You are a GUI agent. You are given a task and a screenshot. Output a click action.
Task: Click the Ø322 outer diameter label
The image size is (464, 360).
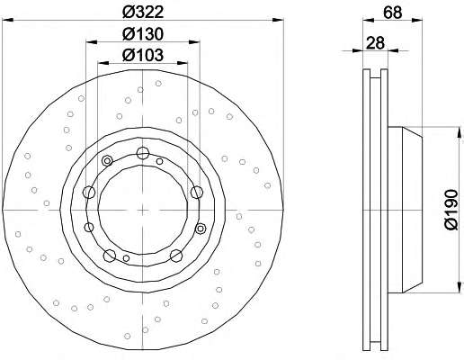143,13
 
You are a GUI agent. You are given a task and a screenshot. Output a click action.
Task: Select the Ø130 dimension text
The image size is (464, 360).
143,34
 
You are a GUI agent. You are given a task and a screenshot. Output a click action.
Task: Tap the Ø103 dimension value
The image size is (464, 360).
143,55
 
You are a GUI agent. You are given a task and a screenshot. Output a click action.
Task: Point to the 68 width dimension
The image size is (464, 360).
392,13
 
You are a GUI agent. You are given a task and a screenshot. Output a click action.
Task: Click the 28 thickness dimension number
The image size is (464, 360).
375,43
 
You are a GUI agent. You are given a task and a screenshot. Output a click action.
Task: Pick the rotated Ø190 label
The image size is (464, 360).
451,210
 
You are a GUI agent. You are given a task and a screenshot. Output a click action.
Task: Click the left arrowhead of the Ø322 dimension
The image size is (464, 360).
8,20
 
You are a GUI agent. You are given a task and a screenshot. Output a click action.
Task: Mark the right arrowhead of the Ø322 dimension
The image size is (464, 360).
278,20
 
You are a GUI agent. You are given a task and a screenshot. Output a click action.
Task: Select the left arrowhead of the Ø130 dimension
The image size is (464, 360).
92,42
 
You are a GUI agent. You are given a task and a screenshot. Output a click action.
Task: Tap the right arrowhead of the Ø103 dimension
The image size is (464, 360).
182,63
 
